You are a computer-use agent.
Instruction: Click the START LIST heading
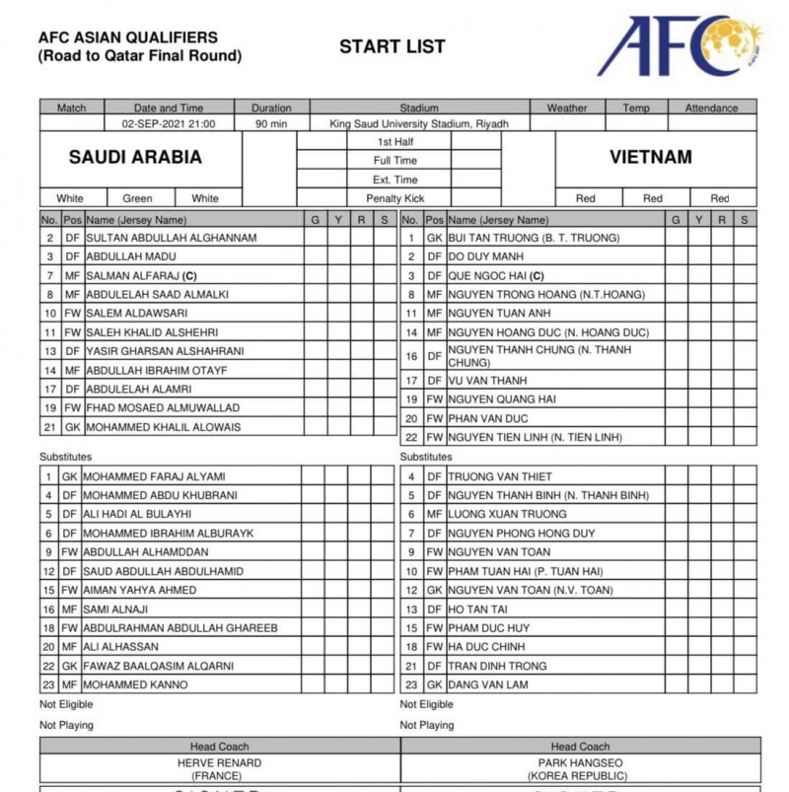(392, 46)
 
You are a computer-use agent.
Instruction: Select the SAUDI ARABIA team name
(135, 157)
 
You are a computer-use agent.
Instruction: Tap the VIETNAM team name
(650, 157)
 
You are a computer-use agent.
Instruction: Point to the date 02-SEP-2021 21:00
(169, 124)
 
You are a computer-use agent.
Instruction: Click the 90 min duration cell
(271, 124)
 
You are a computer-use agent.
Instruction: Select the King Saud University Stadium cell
(418, 124)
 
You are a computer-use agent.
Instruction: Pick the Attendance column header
(711, 108)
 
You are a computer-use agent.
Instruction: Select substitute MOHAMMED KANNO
(136, 684)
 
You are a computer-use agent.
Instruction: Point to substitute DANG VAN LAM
(488, 684)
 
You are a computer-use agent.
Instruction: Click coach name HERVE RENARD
(219, 762)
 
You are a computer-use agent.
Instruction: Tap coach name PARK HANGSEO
(579, 762)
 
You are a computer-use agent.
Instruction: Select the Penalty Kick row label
(394, 198)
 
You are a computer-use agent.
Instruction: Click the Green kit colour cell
(137, 198)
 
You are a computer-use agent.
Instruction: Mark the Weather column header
(567, 108)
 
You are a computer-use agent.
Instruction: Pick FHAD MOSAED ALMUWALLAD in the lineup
(162, 408)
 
